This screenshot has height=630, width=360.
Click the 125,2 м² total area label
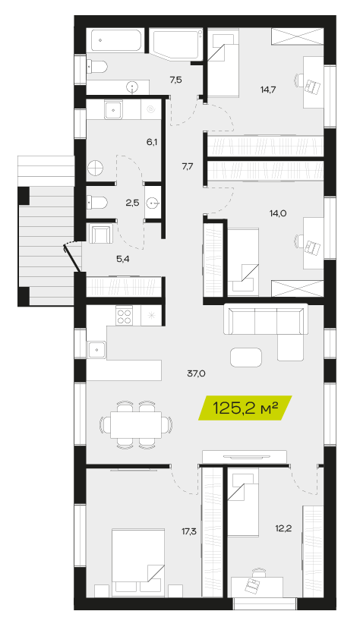[245, 408]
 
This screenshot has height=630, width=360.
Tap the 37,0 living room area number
[196, 373]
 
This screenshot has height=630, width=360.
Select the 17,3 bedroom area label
[188, 532]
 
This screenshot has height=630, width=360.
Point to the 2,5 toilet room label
[132, 203]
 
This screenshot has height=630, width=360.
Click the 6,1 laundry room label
[151, 142]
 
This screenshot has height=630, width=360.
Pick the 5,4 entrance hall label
[123, 259]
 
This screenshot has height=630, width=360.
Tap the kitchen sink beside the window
[96, 350]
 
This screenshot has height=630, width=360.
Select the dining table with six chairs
[136, 425]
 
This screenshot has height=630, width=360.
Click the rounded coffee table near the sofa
[246, 358]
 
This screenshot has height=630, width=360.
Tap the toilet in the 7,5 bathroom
[96, 67]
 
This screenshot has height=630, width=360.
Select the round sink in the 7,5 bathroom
[132, 87]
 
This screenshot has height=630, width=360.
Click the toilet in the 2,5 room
[97, 203]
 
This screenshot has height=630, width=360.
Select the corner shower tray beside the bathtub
[175, 43]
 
